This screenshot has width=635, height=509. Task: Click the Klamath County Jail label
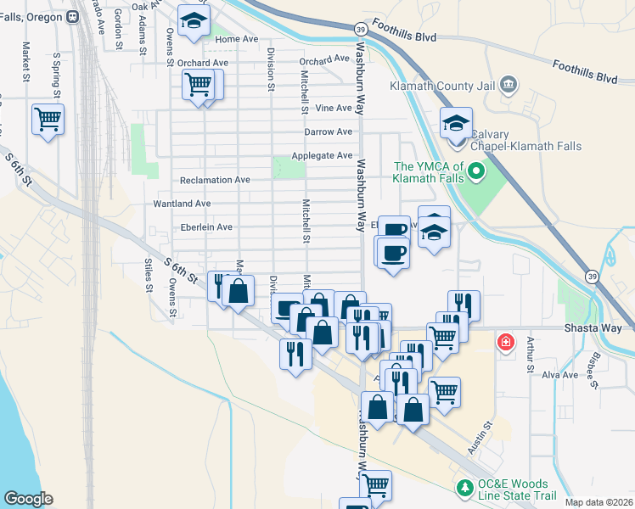[x=442, y=85]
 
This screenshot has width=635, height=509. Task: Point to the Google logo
[x=28, y=499]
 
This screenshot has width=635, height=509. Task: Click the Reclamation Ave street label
[x=215, y=180]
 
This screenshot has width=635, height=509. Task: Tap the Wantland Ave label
[x=182, y=204]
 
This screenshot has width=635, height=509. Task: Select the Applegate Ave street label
[x=322, y=156]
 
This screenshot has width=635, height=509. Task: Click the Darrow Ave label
[x=328, y=131]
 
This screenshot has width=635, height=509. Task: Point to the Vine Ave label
[x=333, y=108]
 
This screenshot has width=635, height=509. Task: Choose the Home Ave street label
[x=237, y=39]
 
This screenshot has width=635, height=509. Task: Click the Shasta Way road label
[x=598, y=328]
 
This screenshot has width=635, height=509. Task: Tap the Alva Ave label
[x=559, y=374]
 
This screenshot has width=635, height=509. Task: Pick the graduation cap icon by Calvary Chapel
[x=456, y=123]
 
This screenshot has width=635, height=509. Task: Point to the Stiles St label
[x=149, y=274]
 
